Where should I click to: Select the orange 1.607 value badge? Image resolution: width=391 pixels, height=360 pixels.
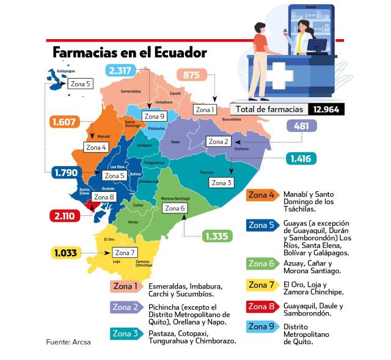(x=64, y=122)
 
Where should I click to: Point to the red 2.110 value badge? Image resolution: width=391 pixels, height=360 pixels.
(x=64, y=215)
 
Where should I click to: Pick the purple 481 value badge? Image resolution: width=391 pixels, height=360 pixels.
(x=301, y=127)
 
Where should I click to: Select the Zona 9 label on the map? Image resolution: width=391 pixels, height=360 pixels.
(x=154, y=116)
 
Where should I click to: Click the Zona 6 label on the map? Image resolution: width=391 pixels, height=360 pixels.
(x=175, y=208)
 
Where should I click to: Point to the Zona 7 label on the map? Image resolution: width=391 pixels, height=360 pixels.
(x=125, y=252)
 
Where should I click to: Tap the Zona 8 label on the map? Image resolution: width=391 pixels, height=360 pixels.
(x=104, y=197)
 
